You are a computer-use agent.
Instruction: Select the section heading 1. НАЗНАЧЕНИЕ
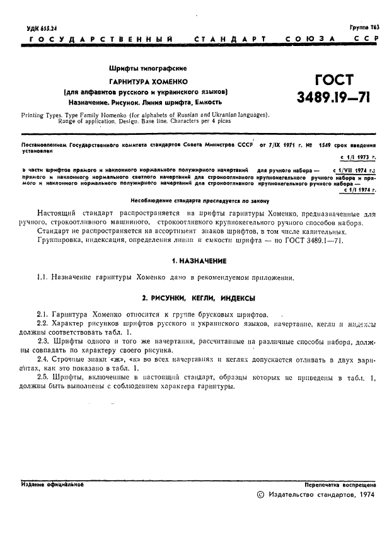(199, 260)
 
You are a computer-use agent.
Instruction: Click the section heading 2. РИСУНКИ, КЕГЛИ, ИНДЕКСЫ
(199, 297)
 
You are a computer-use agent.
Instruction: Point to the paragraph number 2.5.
(43, 377)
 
